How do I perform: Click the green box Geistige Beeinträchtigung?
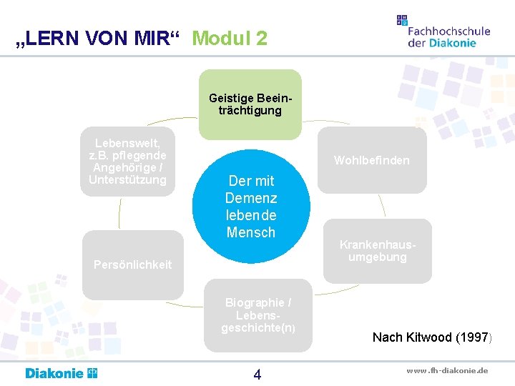click(250, 104)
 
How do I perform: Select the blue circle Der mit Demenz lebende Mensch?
click(251, 207)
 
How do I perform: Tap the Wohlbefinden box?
click(372, 160)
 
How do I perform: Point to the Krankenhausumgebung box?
click(378, 251)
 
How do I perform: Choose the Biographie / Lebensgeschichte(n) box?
click(257, 315)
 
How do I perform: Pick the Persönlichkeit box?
click(133, 264)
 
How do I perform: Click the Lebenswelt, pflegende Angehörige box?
click(127, 161)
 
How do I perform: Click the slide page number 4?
click(257, 375)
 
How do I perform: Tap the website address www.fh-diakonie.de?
click(447, 370)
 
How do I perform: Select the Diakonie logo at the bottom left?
click(62, 373)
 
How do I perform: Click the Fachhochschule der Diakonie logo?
click(443, 32)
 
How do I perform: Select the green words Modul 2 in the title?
click(230, 38)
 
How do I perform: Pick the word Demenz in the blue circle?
click(251, 198)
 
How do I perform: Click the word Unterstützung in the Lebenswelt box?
click(127, 179)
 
